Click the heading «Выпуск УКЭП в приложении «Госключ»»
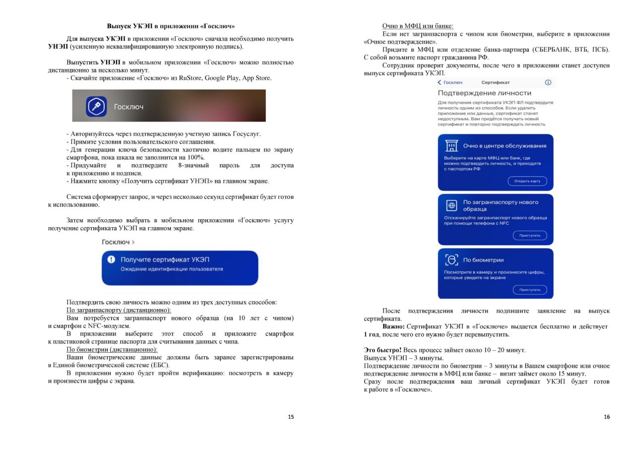tap(171, 26)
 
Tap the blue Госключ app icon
tap(96, 106)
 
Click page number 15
tap(291, 417)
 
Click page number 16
tap(607, 417)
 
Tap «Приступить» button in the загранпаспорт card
tap(529, 236)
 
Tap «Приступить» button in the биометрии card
tap(529, 290)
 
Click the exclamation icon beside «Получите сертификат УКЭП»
tap(111, 259)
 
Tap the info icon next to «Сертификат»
tap(548, 82)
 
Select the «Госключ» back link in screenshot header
tap(450, 82)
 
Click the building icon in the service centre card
tap(451, 146)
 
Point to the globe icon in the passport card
tap(451, 205)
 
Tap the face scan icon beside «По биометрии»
tap(451, 259)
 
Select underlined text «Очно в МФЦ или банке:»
tap(418, 26)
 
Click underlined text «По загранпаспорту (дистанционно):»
tap(119, 310)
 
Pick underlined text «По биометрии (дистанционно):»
tap(112, 349)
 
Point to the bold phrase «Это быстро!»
tap(382, 350)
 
